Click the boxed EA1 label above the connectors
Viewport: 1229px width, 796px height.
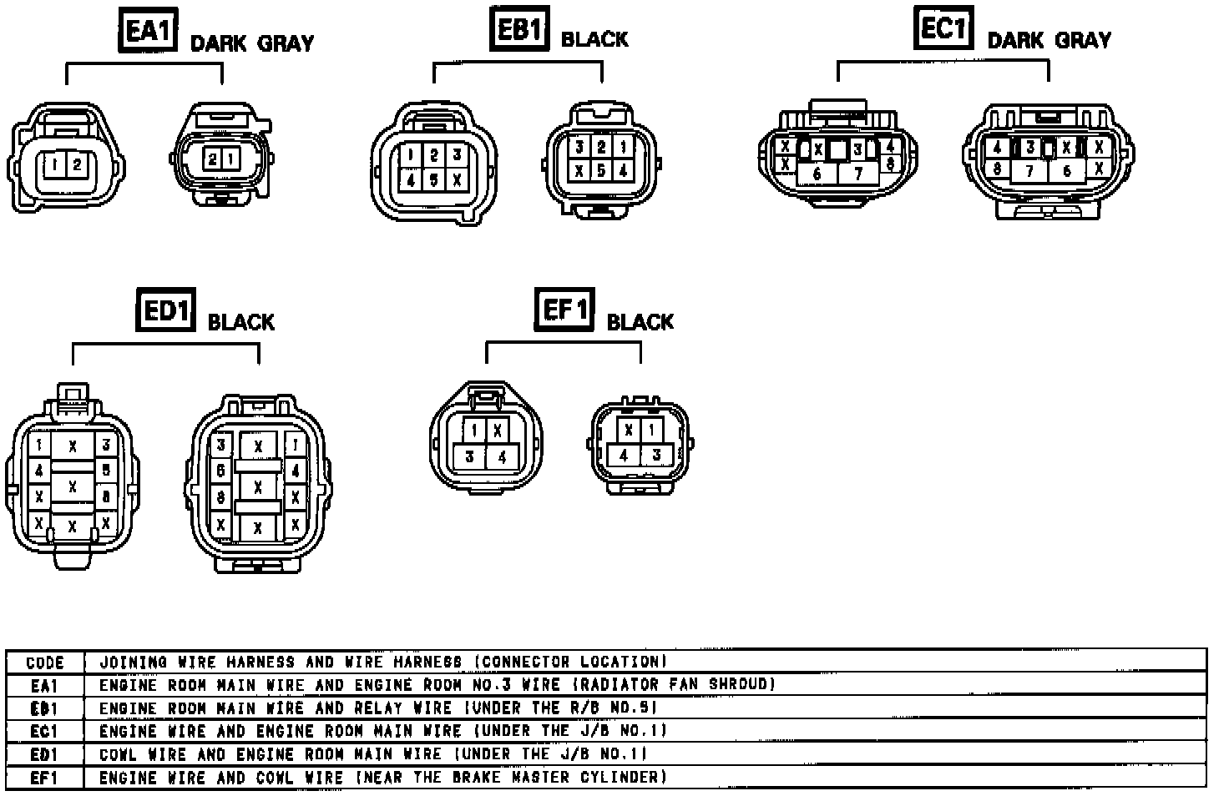point(148,32)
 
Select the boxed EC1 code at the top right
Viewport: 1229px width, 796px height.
point(943,29)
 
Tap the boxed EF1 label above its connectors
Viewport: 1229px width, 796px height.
point(565,310)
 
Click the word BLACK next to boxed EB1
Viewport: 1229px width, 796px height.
point(594,39)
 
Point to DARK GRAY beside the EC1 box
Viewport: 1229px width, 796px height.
point(1049,40)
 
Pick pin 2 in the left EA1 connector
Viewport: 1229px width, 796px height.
point(76,164)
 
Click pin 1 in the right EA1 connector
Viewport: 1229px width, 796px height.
point(230,159)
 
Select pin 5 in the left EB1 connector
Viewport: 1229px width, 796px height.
point(434,179)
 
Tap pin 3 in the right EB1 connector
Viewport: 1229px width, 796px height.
point(579,147)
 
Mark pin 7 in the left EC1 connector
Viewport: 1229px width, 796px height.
point(857,174)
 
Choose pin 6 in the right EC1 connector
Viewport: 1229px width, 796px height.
point(1066,171)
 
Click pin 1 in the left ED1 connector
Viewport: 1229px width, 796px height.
point(38,446)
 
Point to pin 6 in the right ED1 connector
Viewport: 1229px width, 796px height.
point(221,471)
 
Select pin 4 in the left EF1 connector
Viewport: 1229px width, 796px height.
point(501,456)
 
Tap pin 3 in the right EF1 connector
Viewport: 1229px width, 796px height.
point(656,455)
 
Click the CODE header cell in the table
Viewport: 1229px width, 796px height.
point(45,662)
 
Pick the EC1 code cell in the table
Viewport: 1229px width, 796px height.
point(45,732)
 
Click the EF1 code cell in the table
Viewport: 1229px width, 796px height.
point(45,778)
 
